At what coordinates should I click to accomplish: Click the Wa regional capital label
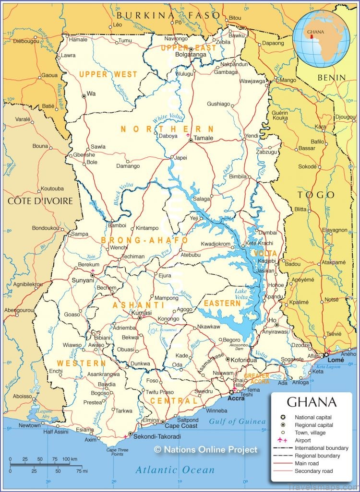(x=91, y=94)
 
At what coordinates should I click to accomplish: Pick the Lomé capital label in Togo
(x=336, y=359)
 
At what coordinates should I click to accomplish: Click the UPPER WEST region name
(x=108, y=74)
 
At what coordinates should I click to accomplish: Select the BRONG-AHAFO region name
(x=144, y=240)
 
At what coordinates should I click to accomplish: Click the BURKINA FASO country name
(x=168, y=15)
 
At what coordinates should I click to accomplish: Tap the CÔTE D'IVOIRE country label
(x=40, y=200)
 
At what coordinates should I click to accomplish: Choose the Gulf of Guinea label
(x=237, y=422)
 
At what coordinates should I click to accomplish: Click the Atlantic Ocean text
(x=175, y=470)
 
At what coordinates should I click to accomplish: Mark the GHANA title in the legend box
(x=311, y=402)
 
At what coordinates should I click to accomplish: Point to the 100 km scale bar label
(x=69, y=459)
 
